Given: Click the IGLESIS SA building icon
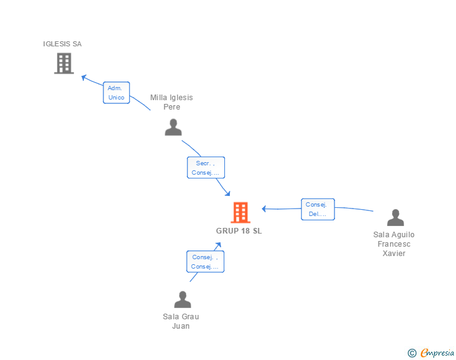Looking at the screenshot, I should click(64, 63).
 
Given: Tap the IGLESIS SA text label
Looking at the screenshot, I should click(62, 44).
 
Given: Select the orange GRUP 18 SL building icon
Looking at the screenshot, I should click(240, 213).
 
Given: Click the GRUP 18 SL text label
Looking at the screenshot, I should click(239, 231).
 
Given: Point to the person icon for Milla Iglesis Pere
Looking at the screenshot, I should click(173, 127).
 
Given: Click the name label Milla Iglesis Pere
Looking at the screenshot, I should click(172, 102).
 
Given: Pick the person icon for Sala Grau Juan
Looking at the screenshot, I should click(182, 299).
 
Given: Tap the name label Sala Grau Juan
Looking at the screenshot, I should click(181, 321).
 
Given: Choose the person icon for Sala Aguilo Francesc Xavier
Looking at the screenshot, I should click(395, 217).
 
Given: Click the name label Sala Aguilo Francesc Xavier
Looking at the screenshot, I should click(394, 244).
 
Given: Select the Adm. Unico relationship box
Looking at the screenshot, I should click(116, 93).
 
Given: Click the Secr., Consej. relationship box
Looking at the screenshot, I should click(205, 167).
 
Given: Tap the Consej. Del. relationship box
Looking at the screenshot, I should click(318, 209).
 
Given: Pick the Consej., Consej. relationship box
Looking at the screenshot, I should click(205, 261).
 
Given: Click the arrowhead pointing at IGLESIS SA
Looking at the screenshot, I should click(83, 77).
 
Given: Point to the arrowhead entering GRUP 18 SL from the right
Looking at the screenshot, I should click(264, 208).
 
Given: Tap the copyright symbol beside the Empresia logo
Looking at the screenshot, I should click(412, 353).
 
